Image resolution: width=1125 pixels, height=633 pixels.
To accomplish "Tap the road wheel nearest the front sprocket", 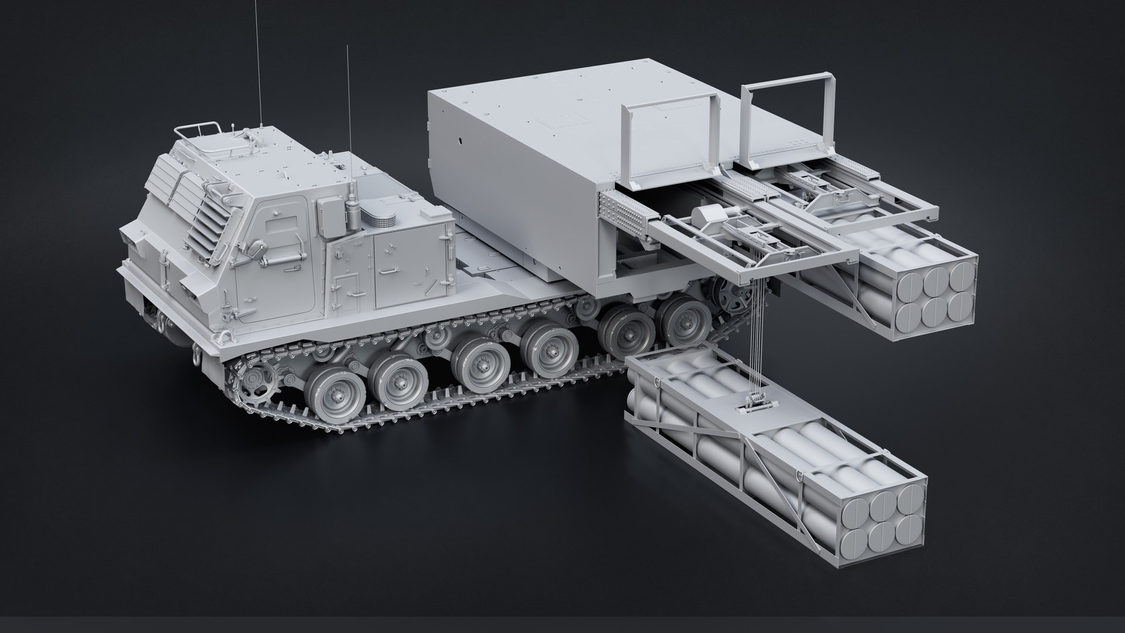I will point(330,393).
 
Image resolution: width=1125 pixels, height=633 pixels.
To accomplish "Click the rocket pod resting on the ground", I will point(773,445).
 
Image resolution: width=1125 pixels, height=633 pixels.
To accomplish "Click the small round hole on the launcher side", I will point(462,141).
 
